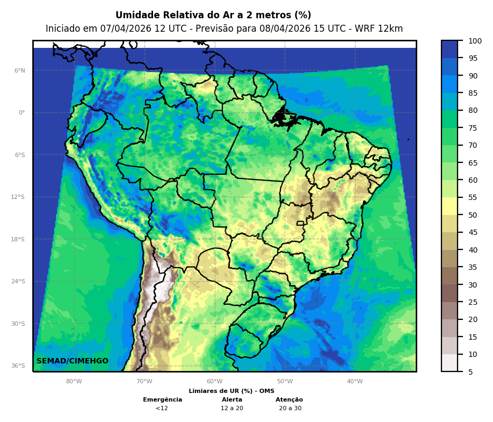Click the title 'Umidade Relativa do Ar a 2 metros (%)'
point(213,15)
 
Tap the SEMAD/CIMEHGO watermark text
point(73,361)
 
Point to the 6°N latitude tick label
point(20,70)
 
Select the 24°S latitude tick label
point(18,281)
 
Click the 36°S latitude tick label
point(18,366)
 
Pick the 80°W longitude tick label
point(74,382)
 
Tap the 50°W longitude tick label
point(285,382)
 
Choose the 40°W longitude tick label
point(354,382)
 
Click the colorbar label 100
point(475,41)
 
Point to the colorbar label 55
point(473,198)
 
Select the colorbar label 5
point(470,372)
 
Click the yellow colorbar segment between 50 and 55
point(450,206)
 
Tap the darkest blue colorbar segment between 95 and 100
point(450,49)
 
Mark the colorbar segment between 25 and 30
point(450,293)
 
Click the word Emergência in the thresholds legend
point(162,400)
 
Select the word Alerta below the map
point(232,400)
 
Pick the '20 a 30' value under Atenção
point(290,409)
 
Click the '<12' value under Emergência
point(162,409)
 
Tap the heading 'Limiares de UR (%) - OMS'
point(231,391)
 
